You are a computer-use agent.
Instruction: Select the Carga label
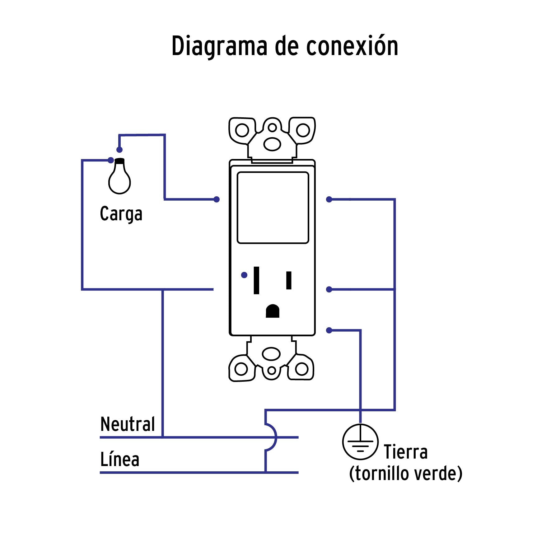coord(121,214)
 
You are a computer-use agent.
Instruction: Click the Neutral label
coord(128,424)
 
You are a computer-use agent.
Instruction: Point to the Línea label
coord(119,460)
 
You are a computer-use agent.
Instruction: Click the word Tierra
coord(405,452)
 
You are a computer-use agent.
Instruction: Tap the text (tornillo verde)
coord(406,474)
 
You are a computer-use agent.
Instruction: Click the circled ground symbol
coord(360,442)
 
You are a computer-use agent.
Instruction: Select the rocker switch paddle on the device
coord(273,208)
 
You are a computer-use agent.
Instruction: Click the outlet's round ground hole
coord(273,311)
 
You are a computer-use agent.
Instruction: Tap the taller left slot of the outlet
coord(256,280)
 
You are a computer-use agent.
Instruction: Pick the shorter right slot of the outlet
coord(289,280)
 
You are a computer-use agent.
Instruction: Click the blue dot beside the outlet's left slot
coord(244,275)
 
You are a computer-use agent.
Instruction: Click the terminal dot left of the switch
coord(217,199)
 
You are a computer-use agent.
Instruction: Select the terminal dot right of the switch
coord(329,199)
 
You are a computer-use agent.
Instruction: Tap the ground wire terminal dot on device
coord(329,330)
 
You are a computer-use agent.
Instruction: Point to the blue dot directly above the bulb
coord(119,150)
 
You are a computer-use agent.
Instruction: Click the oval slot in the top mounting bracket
coord(272,144)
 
